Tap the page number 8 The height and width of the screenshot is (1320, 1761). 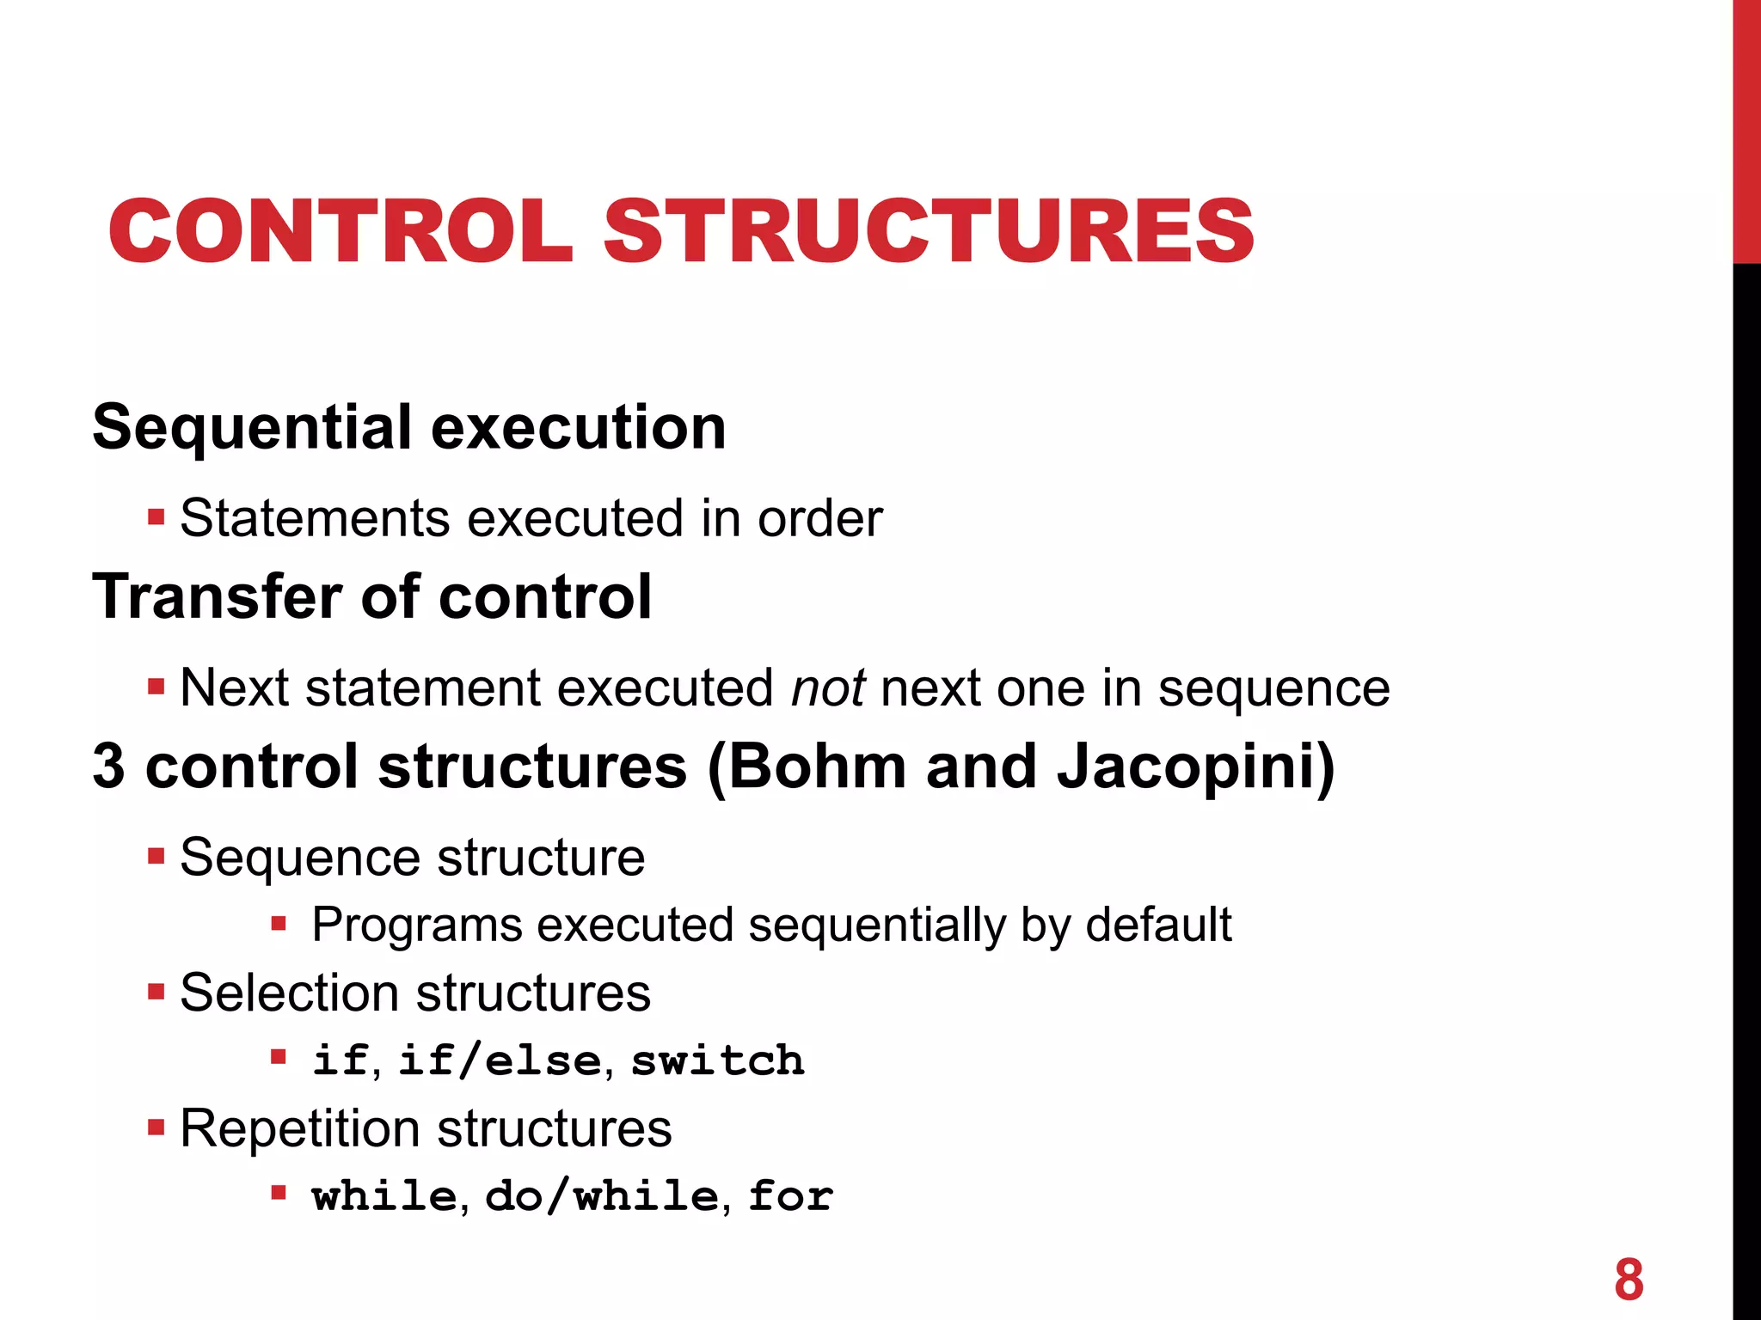click(1629, 1280)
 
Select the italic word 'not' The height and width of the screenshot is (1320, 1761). click(828, 688)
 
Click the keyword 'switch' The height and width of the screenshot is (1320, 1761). click(718, 1060)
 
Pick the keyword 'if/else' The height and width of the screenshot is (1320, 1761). click(500, 1060)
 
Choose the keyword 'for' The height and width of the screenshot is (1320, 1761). click(790, 1196)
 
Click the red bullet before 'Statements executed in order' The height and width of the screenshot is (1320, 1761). click(156, 518)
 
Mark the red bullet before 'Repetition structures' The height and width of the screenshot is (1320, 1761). click(156, 1127)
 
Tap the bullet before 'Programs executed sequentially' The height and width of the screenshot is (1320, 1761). click(278, 925)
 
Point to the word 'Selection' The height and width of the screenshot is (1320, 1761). click(289, 993)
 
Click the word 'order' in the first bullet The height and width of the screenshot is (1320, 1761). click(819, 518)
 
